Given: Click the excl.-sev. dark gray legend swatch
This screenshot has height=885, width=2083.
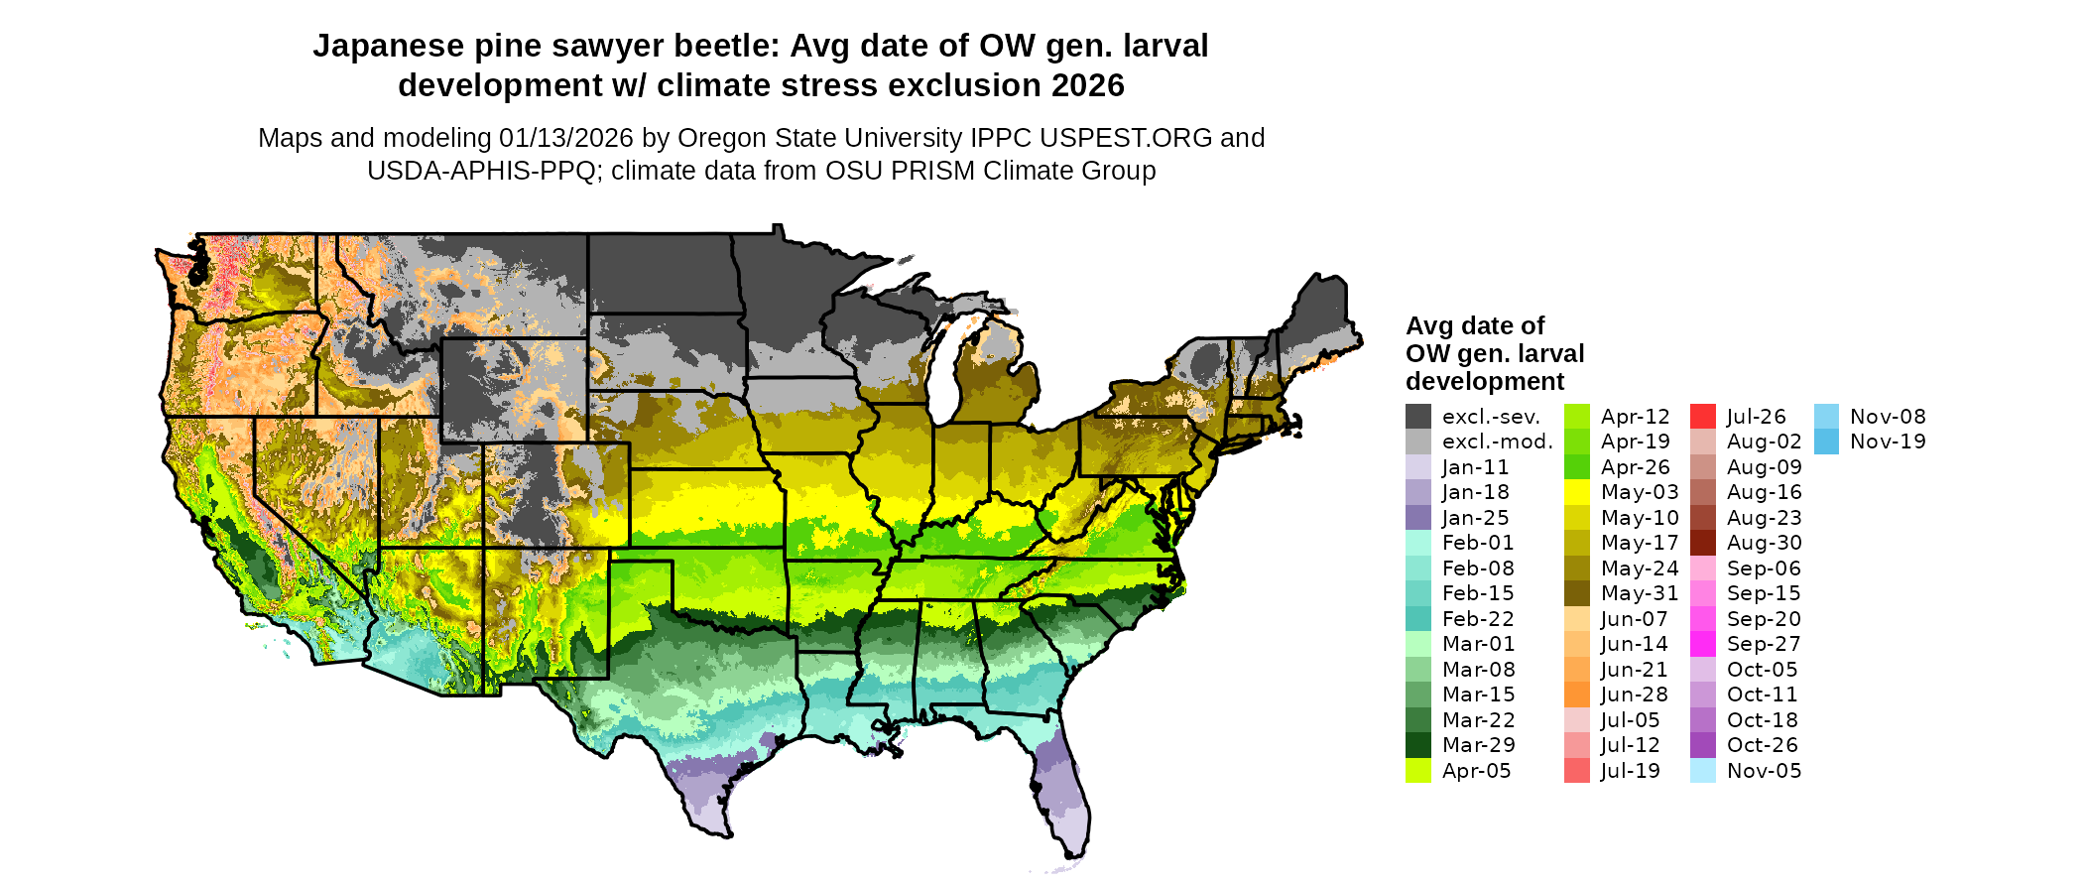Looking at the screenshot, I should [1418, 417].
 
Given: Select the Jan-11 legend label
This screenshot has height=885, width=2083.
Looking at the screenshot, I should [1475, 467].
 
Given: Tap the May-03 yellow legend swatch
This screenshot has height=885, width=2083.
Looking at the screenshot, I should [1577, 492].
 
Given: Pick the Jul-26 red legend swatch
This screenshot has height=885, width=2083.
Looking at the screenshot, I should [1703, 417].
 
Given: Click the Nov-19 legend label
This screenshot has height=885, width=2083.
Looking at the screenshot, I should [1888, 442].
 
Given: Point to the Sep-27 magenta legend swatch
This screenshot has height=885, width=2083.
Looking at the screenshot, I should [1703, 644].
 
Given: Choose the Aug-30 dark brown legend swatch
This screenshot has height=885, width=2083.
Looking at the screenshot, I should [1703, 543].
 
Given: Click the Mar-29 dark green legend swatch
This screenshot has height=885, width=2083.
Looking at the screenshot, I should [1418, 745].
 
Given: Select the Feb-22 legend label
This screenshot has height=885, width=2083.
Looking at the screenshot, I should [1478, 619].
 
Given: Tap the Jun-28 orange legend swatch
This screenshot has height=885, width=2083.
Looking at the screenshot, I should [1577, 695].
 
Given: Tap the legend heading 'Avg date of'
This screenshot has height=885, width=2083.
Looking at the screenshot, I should [1475, 326].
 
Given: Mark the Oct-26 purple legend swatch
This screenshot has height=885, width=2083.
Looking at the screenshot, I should [1703, 745].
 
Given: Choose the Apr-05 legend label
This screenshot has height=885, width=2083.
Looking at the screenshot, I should [1476, 771].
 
